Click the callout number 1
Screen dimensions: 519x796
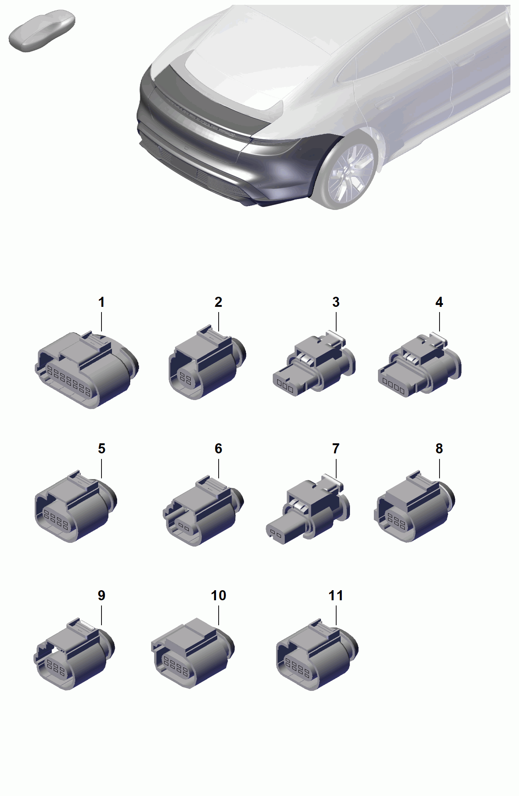point(101,302)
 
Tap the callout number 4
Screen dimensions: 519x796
point(439,302)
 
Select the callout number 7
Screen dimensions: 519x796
point(336,449)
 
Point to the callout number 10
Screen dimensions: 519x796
point(219,595)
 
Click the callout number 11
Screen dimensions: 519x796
point(336,595)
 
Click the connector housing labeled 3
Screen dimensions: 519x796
point(314,363)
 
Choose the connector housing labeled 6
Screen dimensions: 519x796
point(203,511)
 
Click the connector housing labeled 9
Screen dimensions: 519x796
point(74,654)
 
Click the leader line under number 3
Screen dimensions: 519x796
point(336,321)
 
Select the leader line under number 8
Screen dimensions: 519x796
point(439,468)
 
